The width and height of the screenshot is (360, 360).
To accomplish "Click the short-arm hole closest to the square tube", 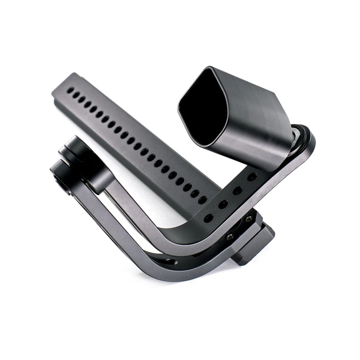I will click(x=252, y=177).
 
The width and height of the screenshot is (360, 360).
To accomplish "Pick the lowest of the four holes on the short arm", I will click(x=208, y=218).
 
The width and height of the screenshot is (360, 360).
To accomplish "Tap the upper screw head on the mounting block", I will click(x=248, y=219).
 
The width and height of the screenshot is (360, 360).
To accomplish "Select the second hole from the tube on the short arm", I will click(x=238, y=191).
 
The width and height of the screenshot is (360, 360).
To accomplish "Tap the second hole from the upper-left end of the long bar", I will click(x=77, y=95).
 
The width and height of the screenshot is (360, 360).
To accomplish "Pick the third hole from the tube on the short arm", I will click(x=223, y=205).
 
